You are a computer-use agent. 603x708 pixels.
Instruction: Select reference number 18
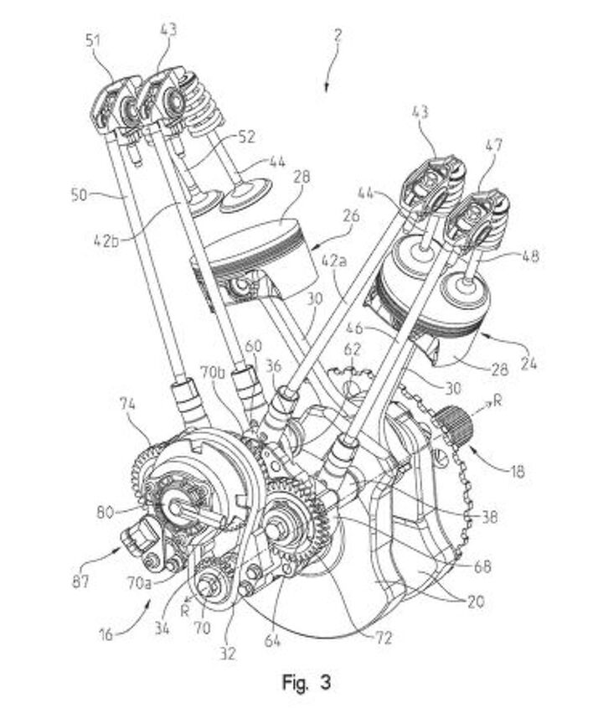point(518,472)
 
